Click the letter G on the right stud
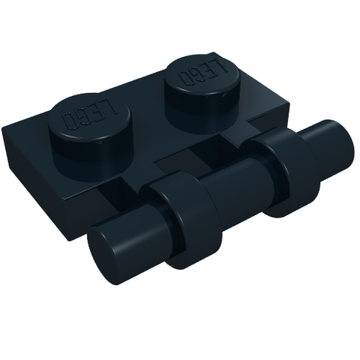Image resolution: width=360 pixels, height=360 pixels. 196,72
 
